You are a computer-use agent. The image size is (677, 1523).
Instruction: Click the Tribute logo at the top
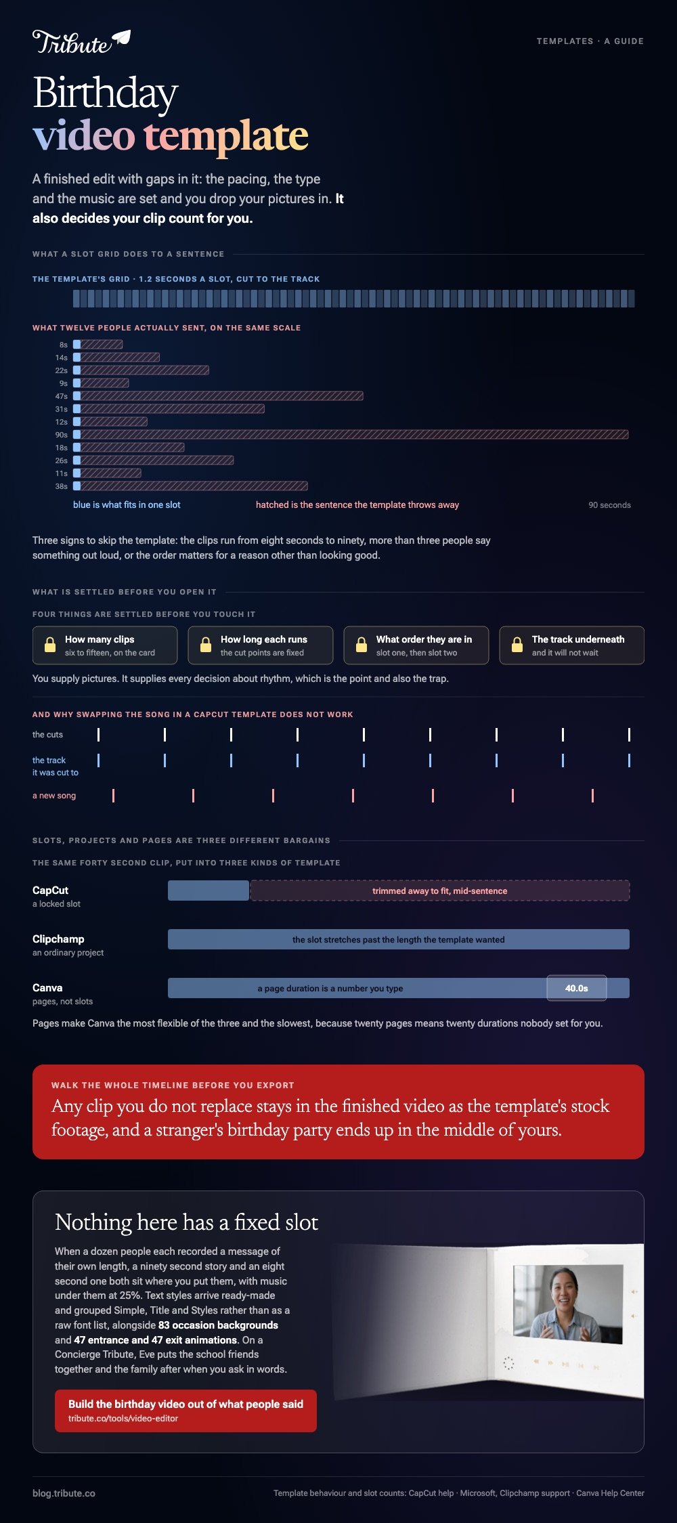pos(81,42)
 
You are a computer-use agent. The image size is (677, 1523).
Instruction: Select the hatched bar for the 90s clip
pos(355,435)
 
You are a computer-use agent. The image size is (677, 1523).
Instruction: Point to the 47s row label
pos(62,396)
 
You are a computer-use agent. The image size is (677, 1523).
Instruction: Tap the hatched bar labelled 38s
pos(194,486)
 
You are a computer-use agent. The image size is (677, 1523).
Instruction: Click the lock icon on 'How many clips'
pos(50,645)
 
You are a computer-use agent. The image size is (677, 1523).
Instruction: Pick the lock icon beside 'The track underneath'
pos(517,645)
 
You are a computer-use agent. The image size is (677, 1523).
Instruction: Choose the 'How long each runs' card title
pos(264,639)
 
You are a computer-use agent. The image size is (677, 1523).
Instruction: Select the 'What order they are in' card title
pos(424,639)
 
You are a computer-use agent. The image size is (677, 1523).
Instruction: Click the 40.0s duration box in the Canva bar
pos(577,988)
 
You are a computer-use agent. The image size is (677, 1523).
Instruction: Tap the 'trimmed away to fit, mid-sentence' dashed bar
pos(440,891)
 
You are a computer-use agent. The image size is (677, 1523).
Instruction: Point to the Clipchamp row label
pos(58,939)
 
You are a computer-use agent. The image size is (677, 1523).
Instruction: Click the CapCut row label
pos(51,891)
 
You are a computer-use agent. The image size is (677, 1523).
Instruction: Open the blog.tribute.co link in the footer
pos(64,1493)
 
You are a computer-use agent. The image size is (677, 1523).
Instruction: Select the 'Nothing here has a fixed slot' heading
pos(186,1222)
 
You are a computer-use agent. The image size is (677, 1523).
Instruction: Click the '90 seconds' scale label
pos(609,505)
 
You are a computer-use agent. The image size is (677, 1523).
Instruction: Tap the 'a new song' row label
pos(54,796)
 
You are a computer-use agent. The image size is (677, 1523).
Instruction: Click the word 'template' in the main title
pos(226,135)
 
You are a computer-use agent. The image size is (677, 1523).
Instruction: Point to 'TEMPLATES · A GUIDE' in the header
pos(590,41)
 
